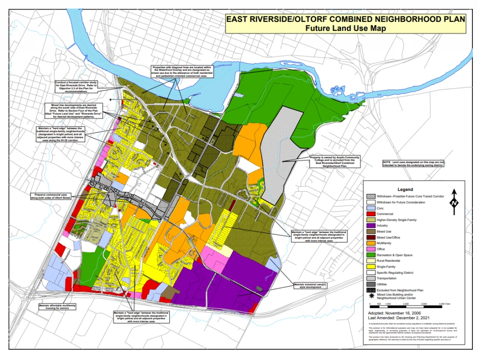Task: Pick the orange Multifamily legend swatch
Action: [371, 243]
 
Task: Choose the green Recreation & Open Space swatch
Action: [371, 255]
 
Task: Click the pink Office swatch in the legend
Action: [371, 249]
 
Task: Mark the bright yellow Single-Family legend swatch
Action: [371, 267]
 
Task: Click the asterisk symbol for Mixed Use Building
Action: [371, 295]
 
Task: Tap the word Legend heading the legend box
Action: [405, 190]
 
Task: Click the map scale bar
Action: [404, 307]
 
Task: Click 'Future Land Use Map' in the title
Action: [346, 28]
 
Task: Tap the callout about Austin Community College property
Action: [335, 162]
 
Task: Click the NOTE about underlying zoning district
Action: [414, 163]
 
